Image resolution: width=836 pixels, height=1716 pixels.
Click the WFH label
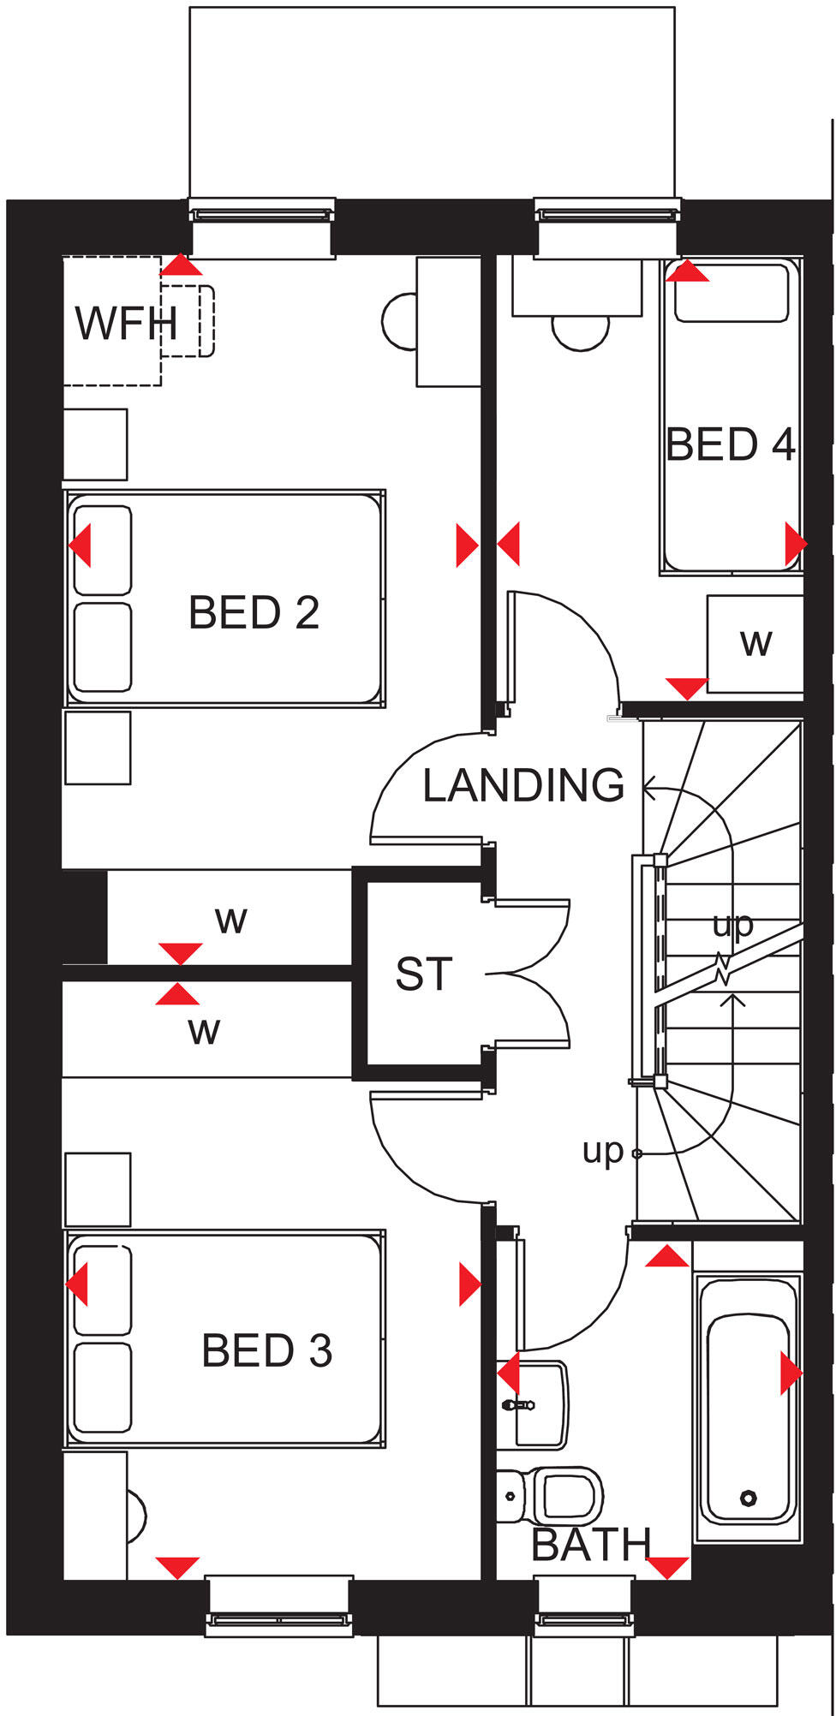pos(127,324)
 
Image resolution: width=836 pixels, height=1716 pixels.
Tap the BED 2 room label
pos(254,613)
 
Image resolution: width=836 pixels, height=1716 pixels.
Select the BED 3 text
pos(266,1351)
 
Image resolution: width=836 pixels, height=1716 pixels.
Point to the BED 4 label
pos(731,444)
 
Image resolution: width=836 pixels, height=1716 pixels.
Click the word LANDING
pos(524,785)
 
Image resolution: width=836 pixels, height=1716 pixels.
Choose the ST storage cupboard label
pos(423,974)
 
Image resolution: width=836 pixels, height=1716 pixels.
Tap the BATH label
pos(591,1545)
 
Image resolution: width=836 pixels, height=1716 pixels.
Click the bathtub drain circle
pos(749,1498)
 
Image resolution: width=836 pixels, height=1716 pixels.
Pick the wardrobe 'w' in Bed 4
pos(755,642)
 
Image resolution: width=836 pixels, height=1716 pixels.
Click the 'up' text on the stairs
pos(733,924)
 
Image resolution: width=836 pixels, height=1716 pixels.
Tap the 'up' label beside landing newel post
pos(602,1151)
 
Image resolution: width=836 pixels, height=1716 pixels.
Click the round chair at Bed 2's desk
pos(399,320)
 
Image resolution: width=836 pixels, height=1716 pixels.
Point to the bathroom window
pos(585,1618)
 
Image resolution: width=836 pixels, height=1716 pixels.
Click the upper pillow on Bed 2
pos(103,550)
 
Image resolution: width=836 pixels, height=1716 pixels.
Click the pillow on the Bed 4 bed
pos(731,293)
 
